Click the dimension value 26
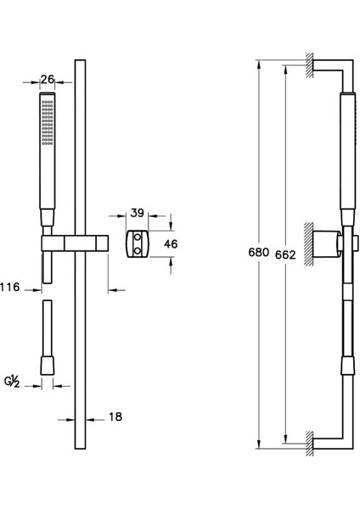[x=48, y=80]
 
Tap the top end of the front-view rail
[x=81, y=64]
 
